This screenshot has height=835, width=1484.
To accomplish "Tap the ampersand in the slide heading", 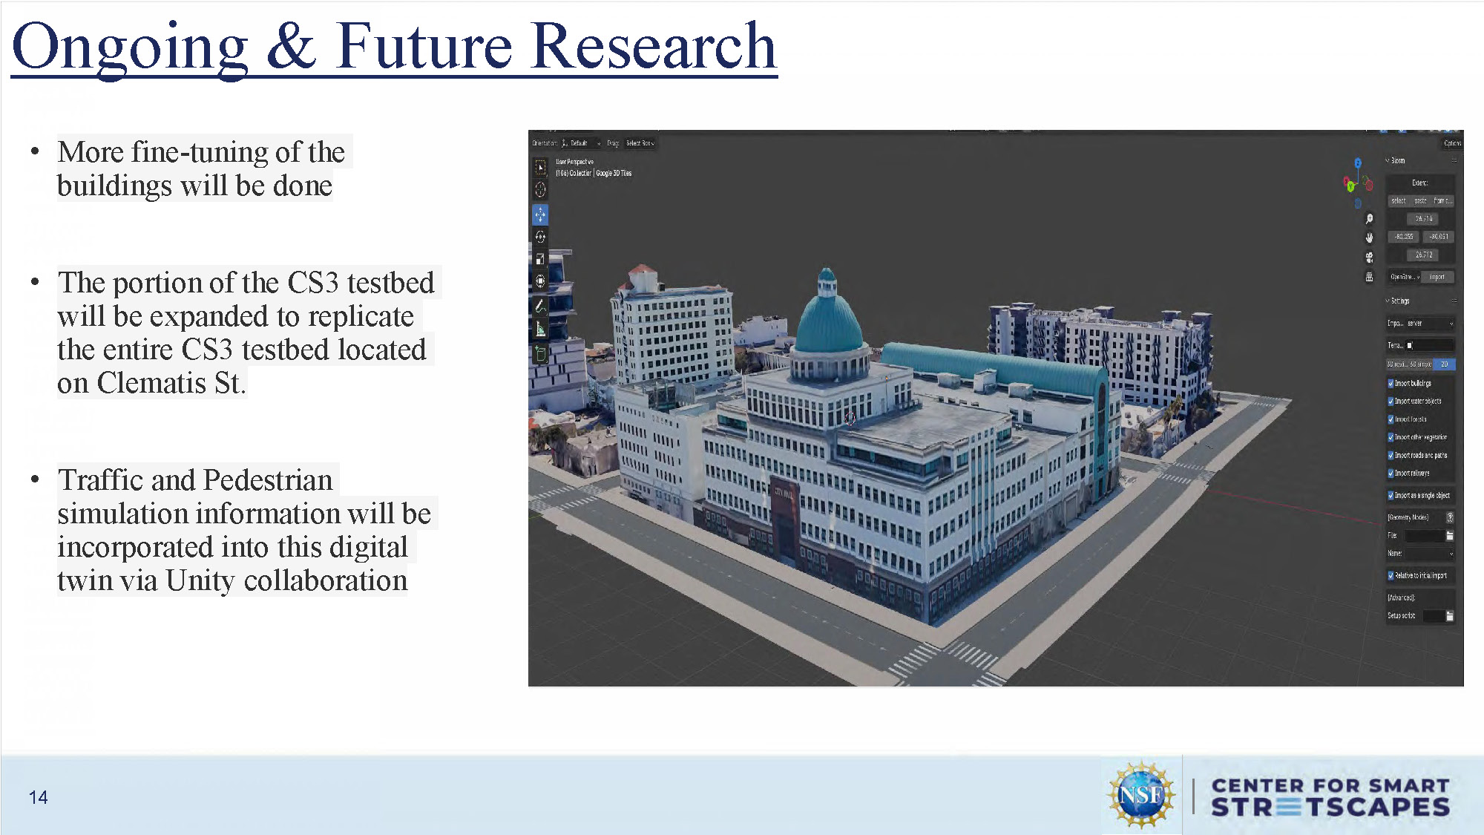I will pyautogui.click(x=291, y=46).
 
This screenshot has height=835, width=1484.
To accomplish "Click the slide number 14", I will pyautogui.click(x=38, y=797).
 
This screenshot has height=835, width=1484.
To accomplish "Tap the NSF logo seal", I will pyautogui.click(x=1141, y=795).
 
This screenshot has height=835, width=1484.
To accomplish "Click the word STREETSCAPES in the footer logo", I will pyautogui.click(x=1330, y=808).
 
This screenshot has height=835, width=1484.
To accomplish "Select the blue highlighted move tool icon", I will pyautogui.click(x=540, y=215).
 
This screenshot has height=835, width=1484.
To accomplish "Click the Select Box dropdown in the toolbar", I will pyautogui.click(x=640, y=143).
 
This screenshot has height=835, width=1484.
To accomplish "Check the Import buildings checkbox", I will pyautogui.click(x=1391, y=383).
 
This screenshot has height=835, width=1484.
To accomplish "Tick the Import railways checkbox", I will pyautogui.click(x=1391, y=473).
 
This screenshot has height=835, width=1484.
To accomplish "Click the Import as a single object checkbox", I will pyautogui.click(x=1391, y=495).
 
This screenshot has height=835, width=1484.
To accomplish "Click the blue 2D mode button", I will pyautogui.click(x=1444, y=364).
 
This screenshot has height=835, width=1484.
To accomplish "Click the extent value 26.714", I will pyautogui.click(x=1423, y=219).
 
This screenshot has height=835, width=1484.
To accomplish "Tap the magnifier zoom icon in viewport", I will pyautogui.click(x=1369, y=219).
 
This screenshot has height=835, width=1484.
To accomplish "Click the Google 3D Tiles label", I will pyautogui.click(x=614, y=173).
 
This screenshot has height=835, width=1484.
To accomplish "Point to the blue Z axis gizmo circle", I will pyautogui.click(x=1358, y=163).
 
